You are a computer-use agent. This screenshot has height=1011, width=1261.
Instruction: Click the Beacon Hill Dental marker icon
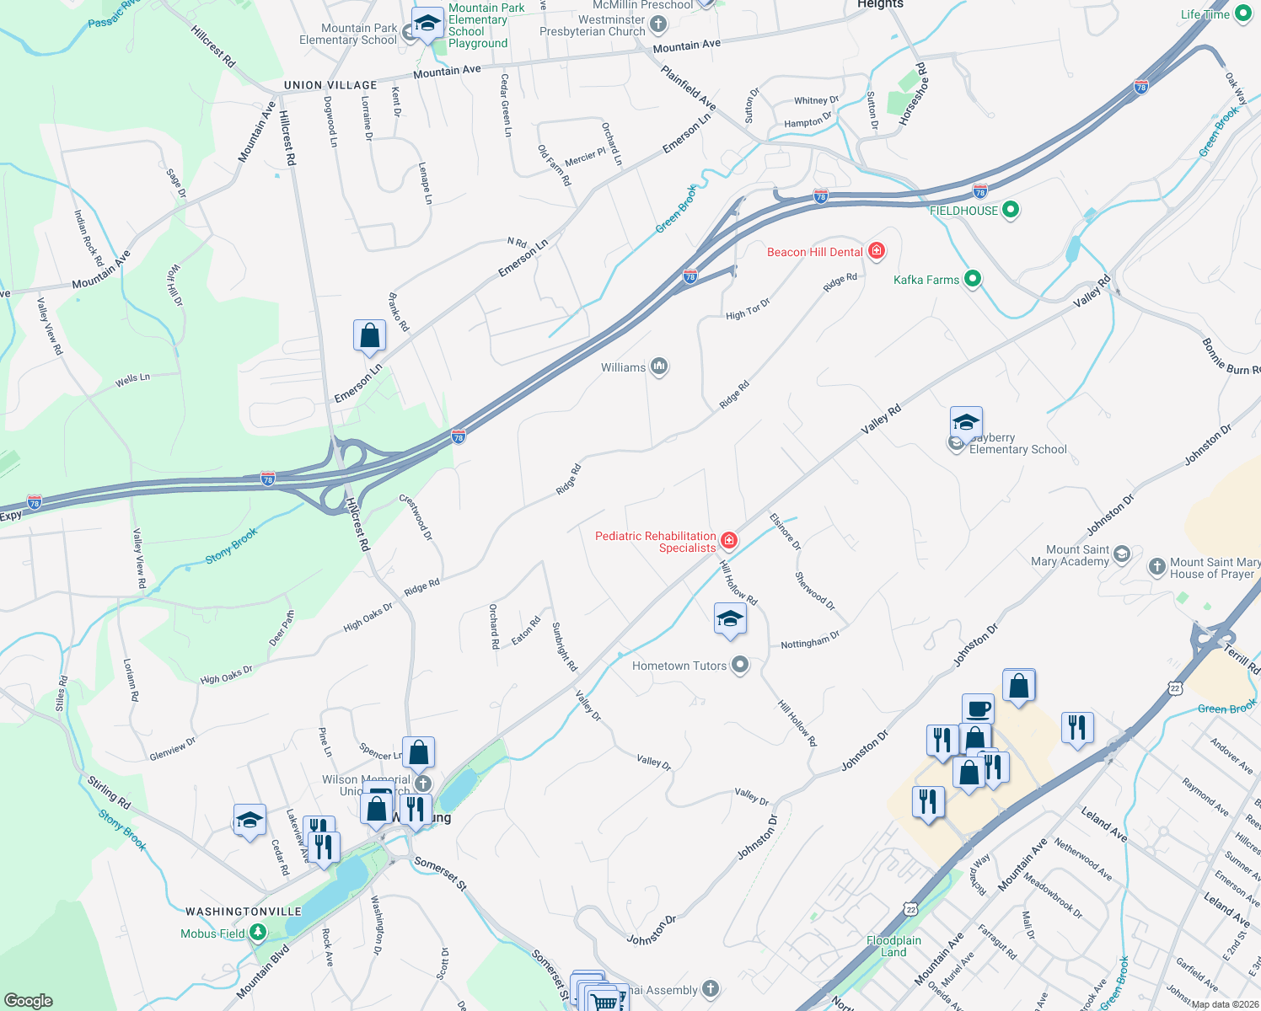(x=877, y=251)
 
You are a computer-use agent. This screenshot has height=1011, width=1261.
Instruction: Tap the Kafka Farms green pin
(x=973, y=279)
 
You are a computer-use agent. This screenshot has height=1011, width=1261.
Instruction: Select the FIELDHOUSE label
(x=963, y=211)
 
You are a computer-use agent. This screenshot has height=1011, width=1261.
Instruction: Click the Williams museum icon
(x=659, y=366)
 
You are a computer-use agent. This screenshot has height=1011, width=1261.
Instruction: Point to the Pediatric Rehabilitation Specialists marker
(x=729, y=540)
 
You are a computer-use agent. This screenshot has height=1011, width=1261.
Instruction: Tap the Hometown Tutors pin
(x=740, y=666)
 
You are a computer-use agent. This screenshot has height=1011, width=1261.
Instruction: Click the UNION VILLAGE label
(x=330, y=85)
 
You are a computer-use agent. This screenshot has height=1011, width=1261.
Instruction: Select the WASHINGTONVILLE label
(x=244, y=912)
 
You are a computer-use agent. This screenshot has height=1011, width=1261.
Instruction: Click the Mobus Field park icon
(x=259, y=933)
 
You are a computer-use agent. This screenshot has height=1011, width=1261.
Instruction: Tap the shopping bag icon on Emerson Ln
(x=369, y=335)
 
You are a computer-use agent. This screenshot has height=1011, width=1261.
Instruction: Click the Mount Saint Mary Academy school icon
(x=1121, y=554)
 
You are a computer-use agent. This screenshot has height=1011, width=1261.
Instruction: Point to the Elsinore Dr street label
(x=786, y=532)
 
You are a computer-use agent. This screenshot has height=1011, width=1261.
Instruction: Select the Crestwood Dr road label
(x=416, y=517)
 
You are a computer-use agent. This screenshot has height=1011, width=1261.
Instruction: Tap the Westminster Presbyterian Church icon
(x=658, y=25)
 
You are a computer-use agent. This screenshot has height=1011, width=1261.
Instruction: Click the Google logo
(x=29, y=1000)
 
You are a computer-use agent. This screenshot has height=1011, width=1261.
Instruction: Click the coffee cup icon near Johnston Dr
(x=978, y=709)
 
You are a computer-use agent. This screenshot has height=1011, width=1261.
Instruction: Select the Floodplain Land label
(x=893, y=946)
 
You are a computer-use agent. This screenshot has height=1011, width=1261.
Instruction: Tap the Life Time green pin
(x=1243, y=14)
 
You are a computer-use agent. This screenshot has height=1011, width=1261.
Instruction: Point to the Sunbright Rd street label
(x=564, y=646)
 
